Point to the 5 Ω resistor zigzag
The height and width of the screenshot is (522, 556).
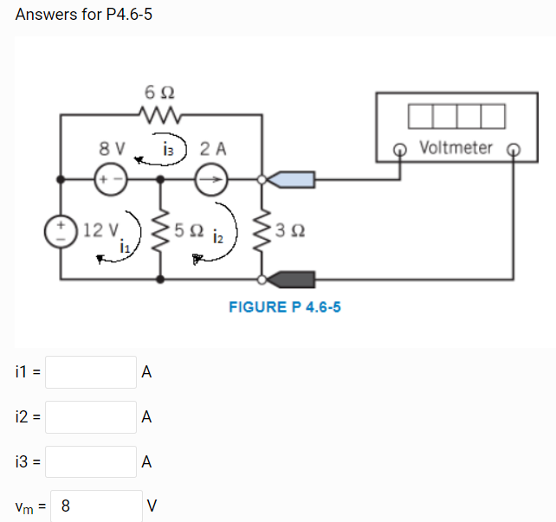click(x=159, y=230)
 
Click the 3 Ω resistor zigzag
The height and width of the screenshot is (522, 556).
click(x=262, y=230)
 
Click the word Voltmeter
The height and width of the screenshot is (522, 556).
click(x=456, y=148)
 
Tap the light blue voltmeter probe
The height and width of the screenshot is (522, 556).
click(x=293, y=180)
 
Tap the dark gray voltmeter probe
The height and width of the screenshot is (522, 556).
click(x=293, y=279)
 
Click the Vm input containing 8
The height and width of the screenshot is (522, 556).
click(x=97, y=505)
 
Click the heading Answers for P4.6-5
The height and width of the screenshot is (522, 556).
click(x=84, y=15)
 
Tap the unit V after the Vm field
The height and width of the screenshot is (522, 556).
click(x=153, y=506)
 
